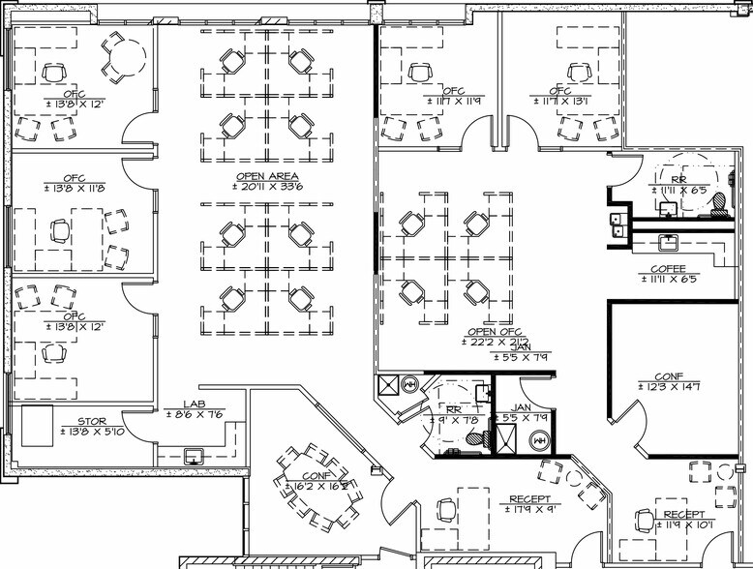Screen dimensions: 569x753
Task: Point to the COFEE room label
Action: pos(669,268)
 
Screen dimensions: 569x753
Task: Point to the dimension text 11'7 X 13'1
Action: pos(587,100)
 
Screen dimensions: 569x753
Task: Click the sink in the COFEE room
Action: pos(668,241)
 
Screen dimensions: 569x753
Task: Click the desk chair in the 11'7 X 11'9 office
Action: pos(419,73)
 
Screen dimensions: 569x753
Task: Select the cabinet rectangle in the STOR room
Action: pos(37,427)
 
